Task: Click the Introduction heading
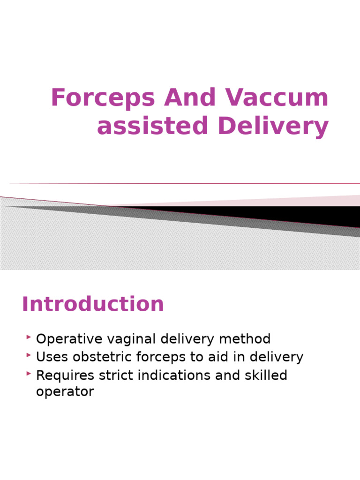click(93, 304)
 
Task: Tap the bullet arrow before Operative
click(29, 337)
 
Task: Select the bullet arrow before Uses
click(29, 355)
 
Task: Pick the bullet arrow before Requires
click(29, 374)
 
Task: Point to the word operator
click(65, 392)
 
